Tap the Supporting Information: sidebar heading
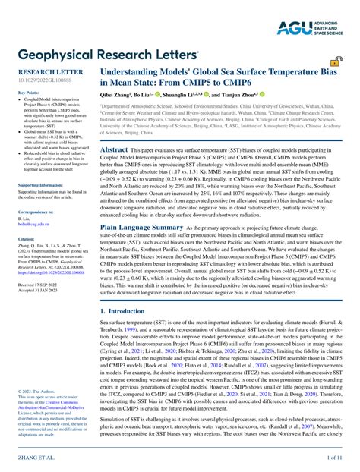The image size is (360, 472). [42, 206]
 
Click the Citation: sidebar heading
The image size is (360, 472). [27, 260]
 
